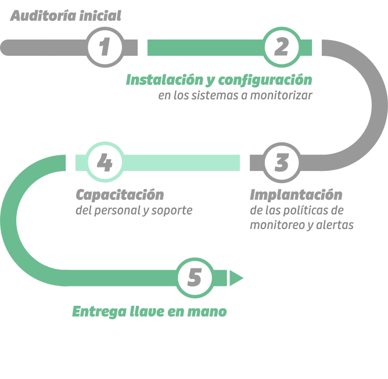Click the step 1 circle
(x=105, y=47)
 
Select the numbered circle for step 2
(x=282, y=47)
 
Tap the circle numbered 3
(x=282, y=163)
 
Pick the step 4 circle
(x=105, y=163)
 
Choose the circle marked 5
(x=195, y=278)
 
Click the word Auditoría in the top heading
(x=39, y=16)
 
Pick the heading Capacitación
(x=120, y=194)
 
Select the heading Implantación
(x=296, y=194)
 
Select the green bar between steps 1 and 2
(x=203, y=47)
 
